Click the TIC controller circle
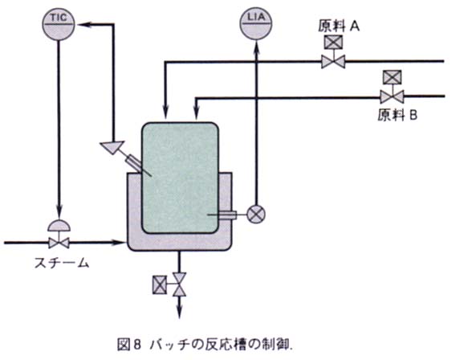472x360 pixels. [59, 24]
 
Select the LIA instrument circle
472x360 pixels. [256, 24]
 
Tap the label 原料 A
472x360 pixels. [339, 27]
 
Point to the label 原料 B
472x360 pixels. [397, 115]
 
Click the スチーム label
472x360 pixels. [62, 263]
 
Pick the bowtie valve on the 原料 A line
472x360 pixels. [333, 62]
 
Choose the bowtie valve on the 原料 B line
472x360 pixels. [392, 96]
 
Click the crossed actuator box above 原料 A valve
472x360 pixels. [333, 42]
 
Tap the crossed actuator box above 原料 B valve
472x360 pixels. [392, 77]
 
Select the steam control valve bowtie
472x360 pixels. [59, 243]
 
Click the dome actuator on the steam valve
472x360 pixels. [59, 225]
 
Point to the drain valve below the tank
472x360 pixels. [180, 284]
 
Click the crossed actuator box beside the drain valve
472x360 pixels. [160, 284]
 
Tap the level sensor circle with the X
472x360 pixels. [256, 215]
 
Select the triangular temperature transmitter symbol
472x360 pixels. [112, 147]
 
